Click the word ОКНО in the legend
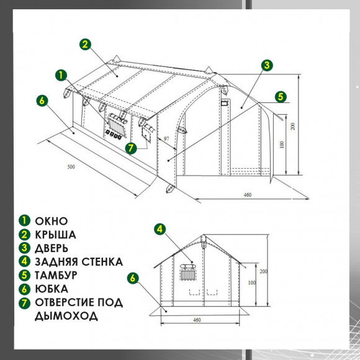51,221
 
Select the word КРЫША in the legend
55,235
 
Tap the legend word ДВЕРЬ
52,248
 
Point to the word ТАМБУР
56,276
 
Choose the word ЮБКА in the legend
52,289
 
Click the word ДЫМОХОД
66,316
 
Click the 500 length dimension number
71,167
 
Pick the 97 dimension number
166,138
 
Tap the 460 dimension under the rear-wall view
197,320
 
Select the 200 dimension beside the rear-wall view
264,271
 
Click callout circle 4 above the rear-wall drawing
160,229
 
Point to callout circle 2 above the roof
85,44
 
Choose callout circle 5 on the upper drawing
281,97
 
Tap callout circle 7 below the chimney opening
131,148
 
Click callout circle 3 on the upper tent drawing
267,65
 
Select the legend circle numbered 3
24,248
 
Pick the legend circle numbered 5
24,276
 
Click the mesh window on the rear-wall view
188,275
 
